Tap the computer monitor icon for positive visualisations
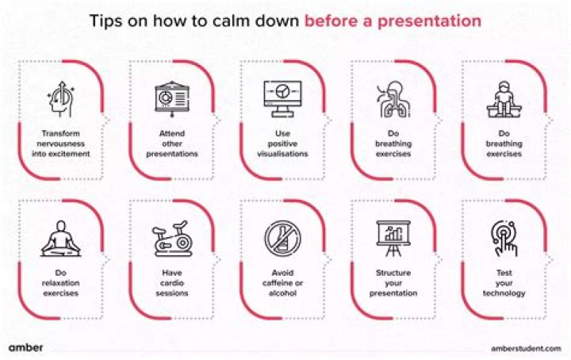tap(282, 98)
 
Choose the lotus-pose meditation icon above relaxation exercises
tap(60, 237)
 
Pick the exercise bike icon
tap(171, 238)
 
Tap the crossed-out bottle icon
tap(282, 238)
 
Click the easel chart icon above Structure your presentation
tap(393, 238)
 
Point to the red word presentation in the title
tap(435, 21)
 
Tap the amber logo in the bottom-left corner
tap(26, 347)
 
